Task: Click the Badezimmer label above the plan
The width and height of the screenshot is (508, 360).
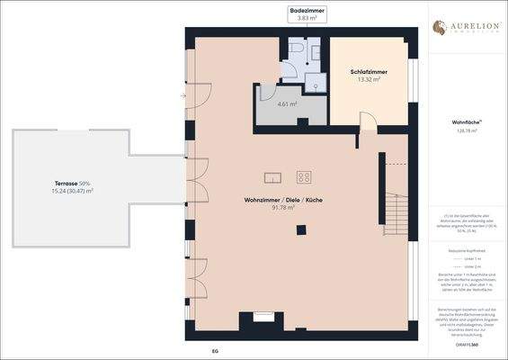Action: click(307, 10)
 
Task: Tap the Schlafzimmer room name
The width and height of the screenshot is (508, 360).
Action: click(370, 71)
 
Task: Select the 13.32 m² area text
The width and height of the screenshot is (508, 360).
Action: click(370, 79)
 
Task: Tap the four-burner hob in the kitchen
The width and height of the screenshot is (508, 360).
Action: click(304, 177)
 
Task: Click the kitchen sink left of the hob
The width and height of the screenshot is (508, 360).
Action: click(272, 177)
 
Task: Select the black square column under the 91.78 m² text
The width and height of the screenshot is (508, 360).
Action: click(301, 229)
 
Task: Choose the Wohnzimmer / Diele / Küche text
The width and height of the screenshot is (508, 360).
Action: click(282, 199)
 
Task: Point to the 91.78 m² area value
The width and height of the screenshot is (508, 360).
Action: click(283, 208)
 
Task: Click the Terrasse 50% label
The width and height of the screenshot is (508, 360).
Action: click(72, 183)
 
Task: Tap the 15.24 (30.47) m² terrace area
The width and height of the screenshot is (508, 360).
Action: click(72, 191)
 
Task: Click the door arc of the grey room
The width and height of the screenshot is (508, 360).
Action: click(268, 93)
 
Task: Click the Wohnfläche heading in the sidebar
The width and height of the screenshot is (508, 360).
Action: click(466, 121)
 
